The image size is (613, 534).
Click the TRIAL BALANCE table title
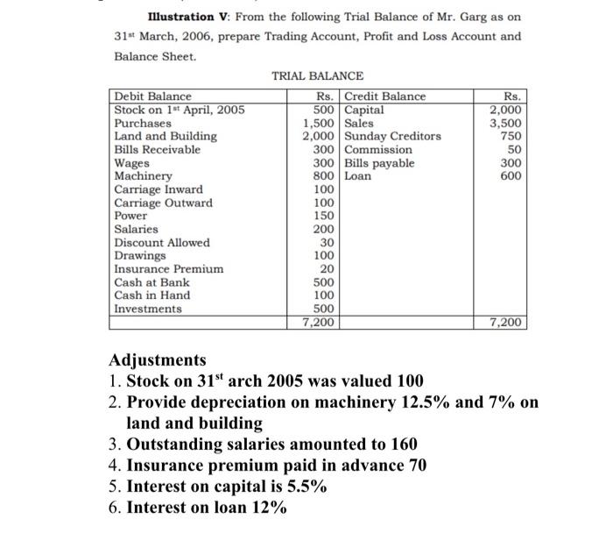[317, 77]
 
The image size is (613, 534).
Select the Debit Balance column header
[153, 96]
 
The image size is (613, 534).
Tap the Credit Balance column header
[385, 96]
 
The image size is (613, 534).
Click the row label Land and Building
[166, 136]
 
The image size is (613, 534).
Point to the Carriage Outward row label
[163, 203]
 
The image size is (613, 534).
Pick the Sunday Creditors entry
[393, 136]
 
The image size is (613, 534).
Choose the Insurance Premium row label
[168, 269]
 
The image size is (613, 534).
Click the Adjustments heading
[158, 360]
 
